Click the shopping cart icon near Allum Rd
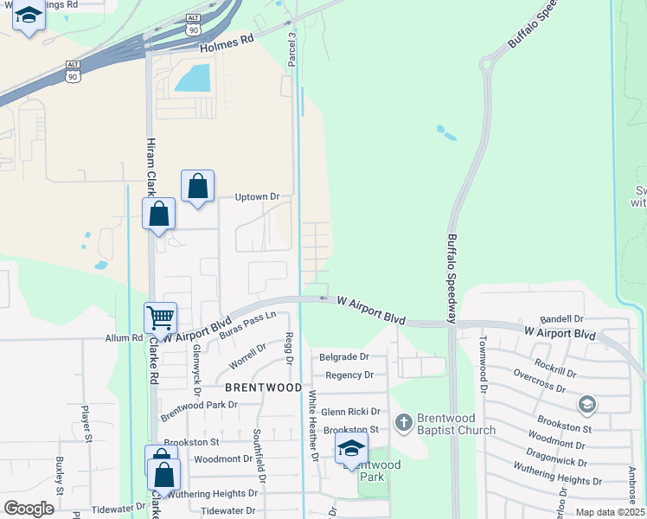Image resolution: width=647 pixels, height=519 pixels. point(161,318)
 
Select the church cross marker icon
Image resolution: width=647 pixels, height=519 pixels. point(403,423)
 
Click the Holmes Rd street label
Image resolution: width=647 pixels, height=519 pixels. point(227,46)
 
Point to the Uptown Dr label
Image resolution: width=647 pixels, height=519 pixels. point(257,197)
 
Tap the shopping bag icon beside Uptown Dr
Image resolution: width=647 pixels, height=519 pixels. point(198,186)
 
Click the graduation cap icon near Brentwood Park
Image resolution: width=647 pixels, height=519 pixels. point(352,448)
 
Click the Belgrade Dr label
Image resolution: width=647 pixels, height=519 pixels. point(343,356)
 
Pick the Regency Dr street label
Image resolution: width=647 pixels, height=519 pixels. point(349,375)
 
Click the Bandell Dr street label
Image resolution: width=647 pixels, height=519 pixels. point(561,319)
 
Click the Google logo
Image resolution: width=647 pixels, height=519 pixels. point(29,509)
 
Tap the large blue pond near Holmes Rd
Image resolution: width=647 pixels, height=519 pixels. point(191,79)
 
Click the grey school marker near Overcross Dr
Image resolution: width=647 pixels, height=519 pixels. point(587,404)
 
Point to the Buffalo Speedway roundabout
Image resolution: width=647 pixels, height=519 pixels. point(490,61)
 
